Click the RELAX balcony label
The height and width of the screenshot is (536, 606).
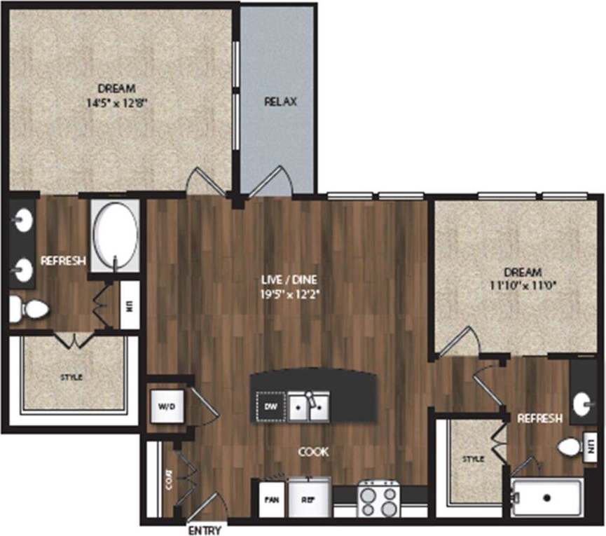tap(280, 102)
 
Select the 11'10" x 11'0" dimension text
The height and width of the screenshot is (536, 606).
tap(521, 285)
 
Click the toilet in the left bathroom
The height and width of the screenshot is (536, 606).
tap(29, 308)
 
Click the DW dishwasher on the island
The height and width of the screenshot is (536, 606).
tap(270, 406)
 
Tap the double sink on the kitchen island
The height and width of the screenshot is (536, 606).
tap(309, 406)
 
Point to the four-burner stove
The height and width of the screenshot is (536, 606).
tap(378, 499)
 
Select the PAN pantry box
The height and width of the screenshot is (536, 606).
tap(270, 500)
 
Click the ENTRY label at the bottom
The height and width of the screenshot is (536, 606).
tap(205, 530)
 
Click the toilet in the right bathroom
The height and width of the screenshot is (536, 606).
tap(569, 446)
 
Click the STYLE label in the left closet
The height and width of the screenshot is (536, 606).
tap(71, 378)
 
